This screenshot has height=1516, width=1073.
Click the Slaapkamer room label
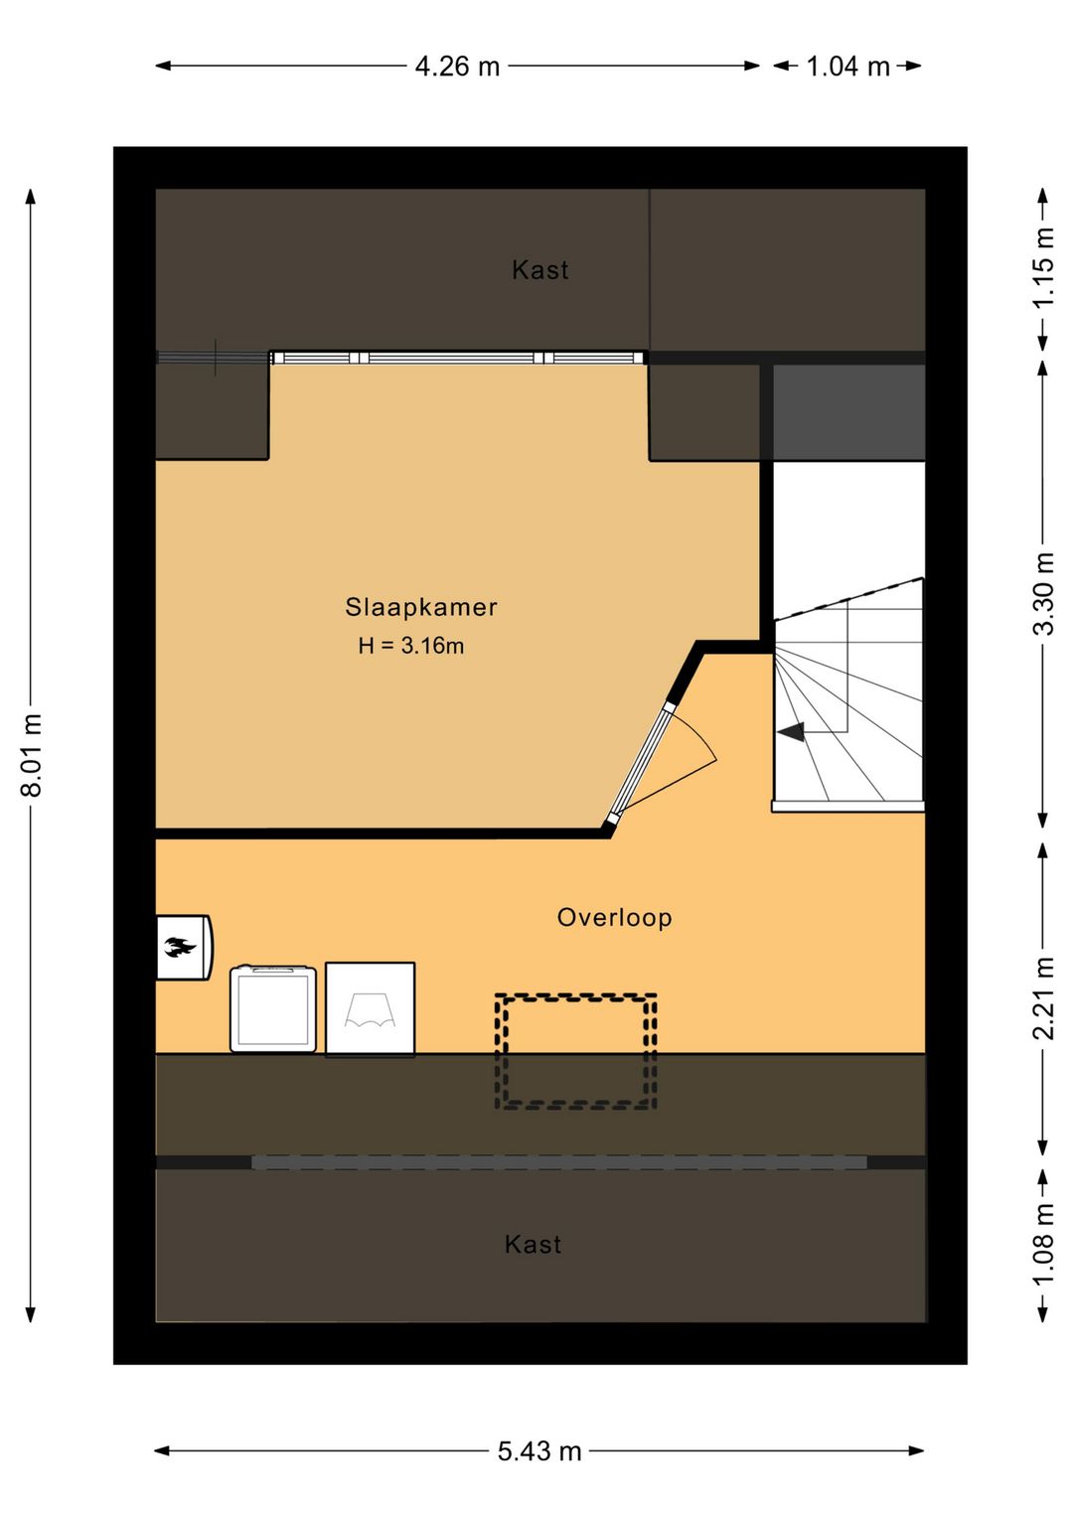click(420, 607)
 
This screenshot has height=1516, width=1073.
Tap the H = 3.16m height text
click(410, 646)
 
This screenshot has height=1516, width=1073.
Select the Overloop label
click(614, 918)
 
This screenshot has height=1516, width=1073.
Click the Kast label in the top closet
click(539, 270)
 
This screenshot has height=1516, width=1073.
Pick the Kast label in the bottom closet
click(533, 1245)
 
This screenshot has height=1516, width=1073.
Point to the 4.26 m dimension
click(457, 67)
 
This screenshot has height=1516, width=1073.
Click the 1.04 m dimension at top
click(847, 67)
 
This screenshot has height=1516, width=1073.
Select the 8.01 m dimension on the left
click(32, 755)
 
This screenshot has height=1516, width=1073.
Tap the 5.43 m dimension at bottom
click(538, 1451)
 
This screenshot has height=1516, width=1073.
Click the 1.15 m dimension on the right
click(1042, 268)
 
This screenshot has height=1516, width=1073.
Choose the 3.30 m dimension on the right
click(1042, 594)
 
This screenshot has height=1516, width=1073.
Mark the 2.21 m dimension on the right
click(1042, 997)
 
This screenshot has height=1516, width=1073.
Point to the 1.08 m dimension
click(1042, 1243)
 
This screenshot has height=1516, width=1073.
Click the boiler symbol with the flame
click(182, 947)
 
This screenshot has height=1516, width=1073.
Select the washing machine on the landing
click(273, 1008)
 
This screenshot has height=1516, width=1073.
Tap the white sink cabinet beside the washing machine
click(370, 1008)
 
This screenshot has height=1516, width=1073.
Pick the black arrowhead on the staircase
click(791, 732)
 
